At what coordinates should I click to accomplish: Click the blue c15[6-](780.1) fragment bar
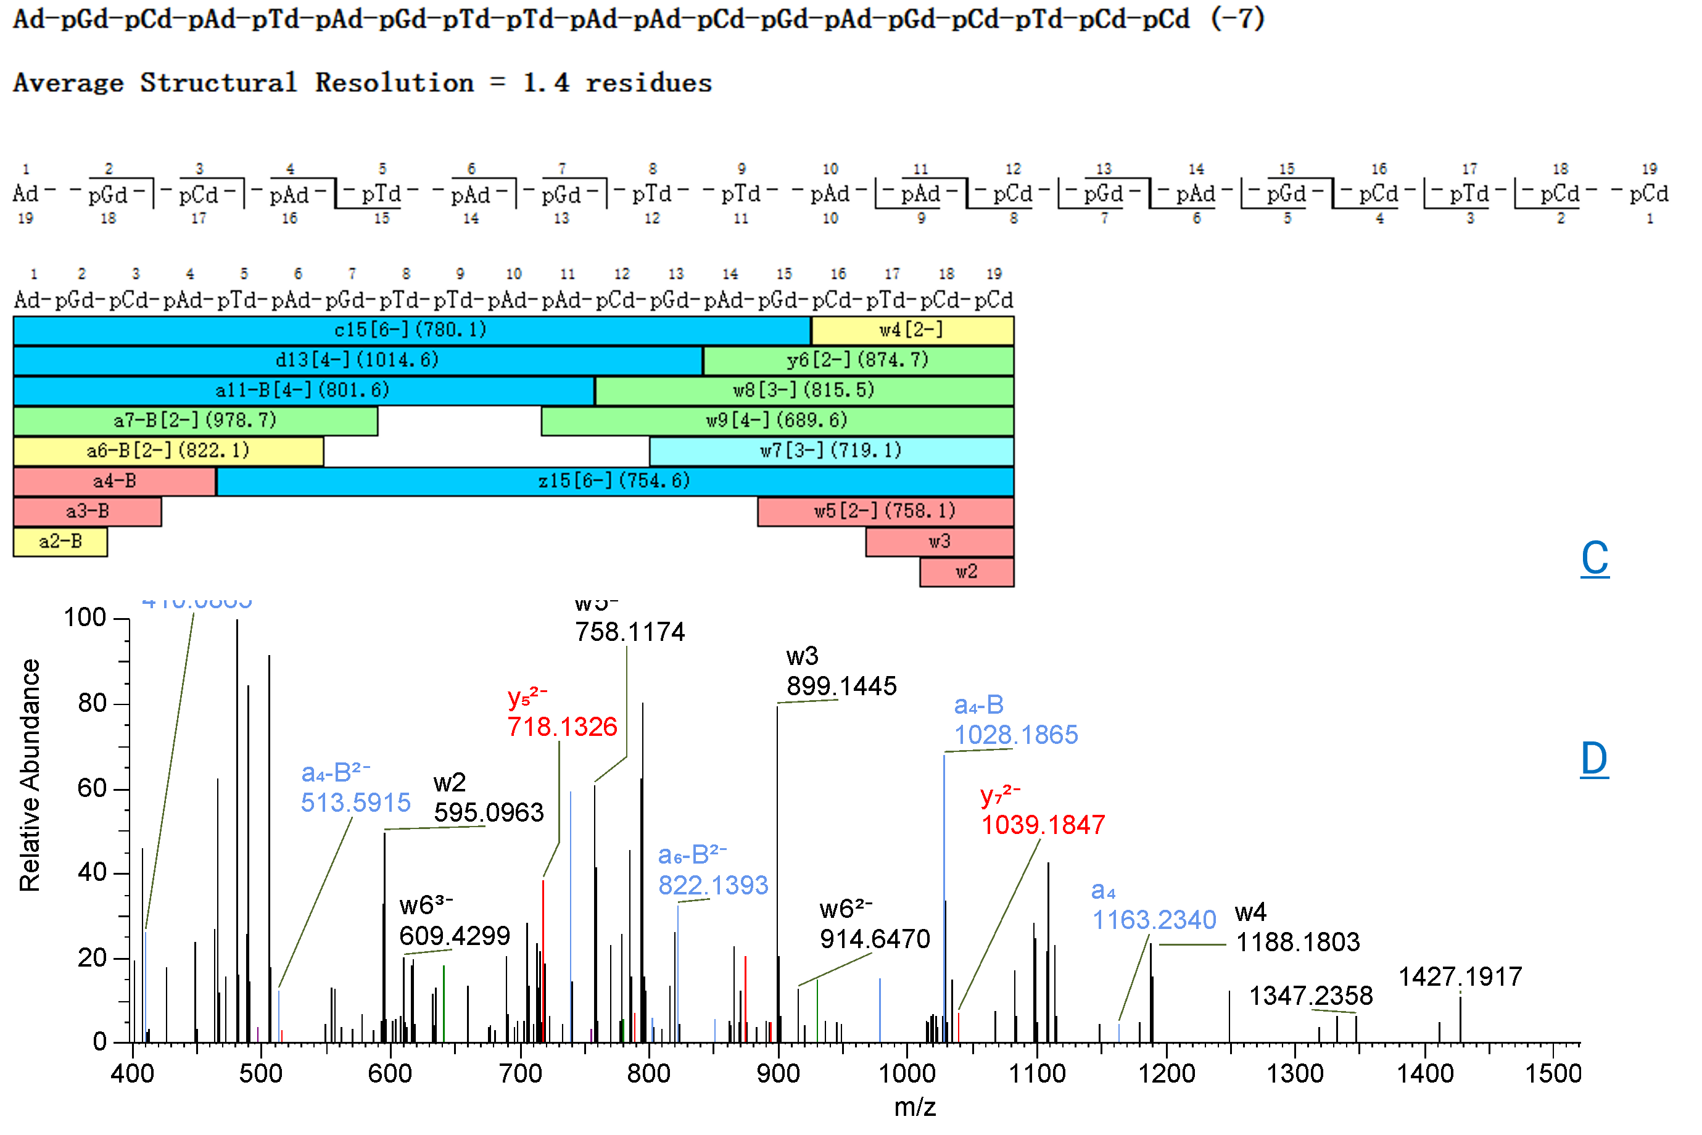410,330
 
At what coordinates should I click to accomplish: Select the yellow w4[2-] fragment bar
911,330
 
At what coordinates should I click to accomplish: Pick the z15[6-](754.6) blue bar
614,481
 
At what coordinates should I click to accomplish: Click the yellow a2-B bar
60,542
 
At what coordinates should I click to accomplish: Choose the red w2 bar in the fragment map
966,572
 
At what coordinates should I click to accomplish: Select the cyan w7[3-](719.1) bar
830,451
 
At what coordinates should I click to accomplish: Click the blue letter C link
1594,558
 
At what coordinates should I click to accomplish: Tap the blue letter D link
1593,759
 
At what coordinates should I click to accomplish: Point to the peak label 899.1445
841,686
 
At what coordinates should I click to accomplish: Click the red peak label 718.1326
562,727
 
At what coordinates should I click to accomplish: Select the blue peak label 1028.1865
1015,735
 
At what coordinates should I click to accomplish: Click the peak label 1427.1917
1460,976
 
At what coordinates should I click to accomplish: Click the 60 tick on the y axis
92,788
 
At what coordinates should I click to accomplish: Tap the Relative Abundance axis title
30,775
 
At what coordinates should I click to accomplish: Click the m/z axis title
914,1107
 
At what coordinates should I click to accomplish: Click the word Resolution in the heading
395,83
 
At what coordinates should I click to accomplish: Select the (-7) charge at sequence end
1237,18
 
